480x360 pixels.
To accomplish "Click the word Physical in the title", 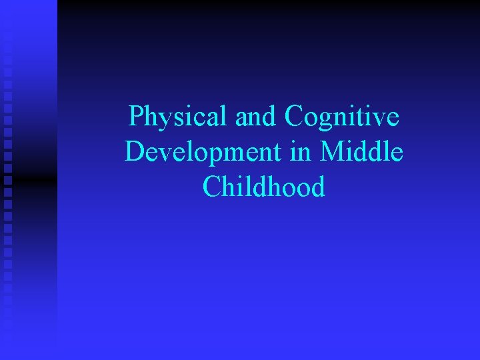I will (x=178, y=117).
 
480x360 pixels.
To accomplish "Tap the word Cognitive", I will (x=342, y=117).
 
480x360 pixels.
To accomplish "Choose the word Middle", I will (x=361, y=153).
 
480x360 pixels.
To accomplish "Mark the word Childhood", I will (x=264, y=187).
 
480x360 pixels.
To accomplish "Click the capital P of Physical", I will (x=137, y=117).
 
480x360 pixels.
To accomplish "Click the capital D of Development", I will (x=135, y=153).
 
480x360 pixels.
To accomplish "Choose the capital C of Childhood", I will (x=213, y=187).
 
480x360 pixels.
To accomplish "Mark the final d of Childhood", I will (x=318, y=187).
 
